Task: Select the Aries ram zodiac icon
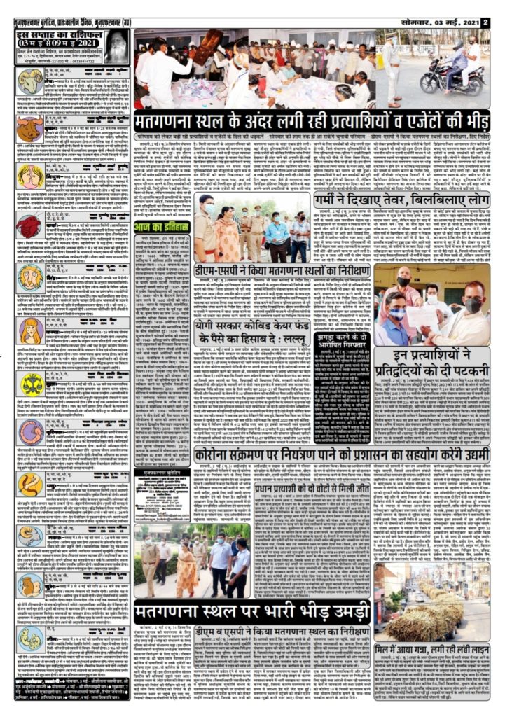(30, 82)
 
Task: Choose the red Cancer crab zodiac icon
(29, 225)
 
